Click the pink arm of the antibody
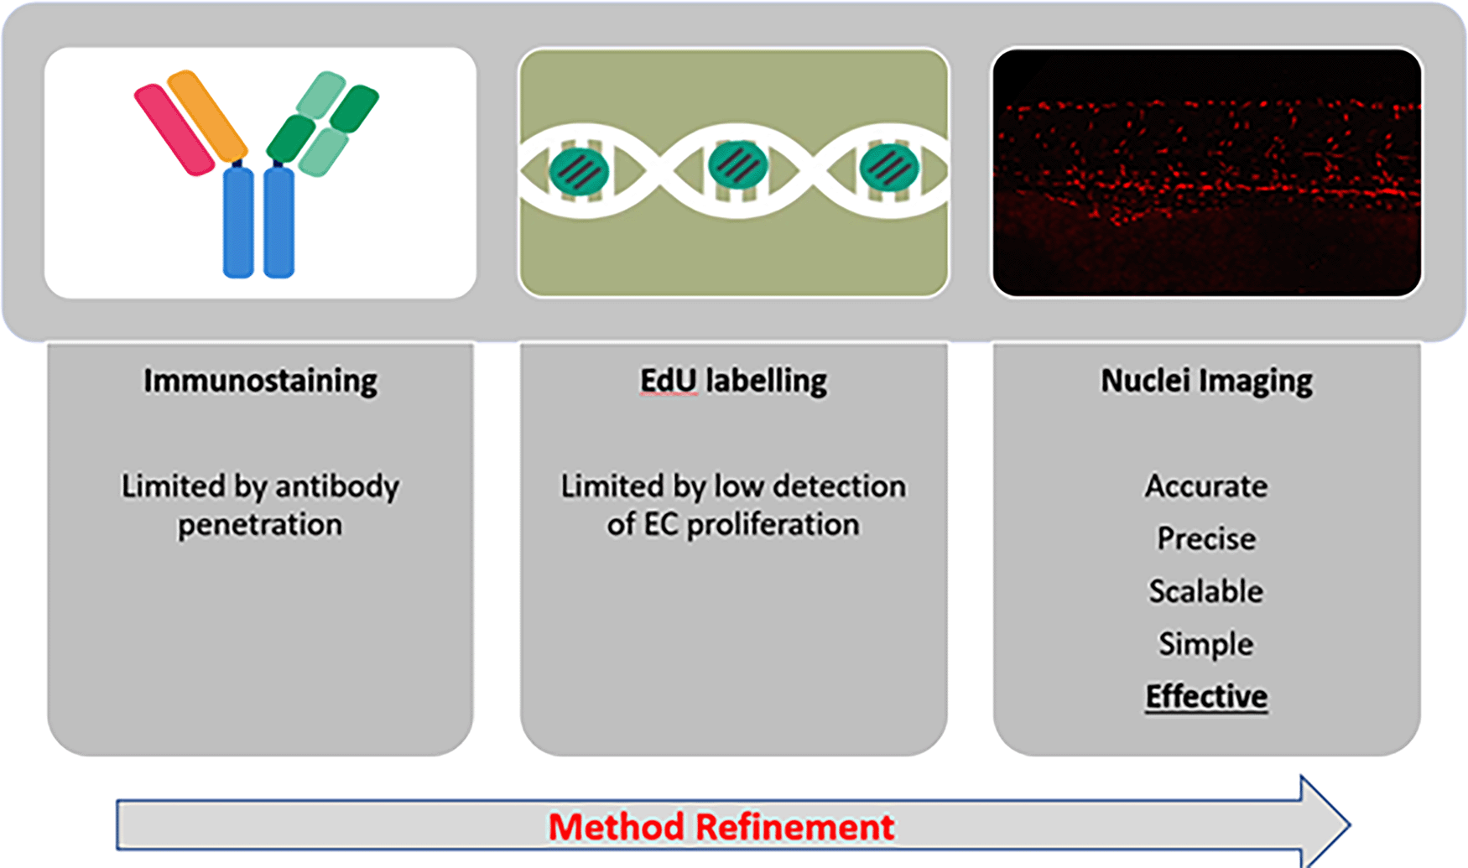pos(174,129)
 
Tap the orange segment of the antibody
pos(207,116)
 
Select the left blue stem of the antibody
pos(238,222)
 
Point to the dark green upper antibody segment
pos(354,108)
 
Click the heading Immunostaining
pos(260,381)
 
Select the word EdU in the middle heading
pos(669,381)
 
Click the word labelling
pos(766,381)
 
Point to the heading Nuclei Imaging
pos(1206,381)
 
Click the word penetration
pos(260,525)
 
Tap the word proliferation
pos(773,525)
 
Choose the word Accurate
pos(1206,486)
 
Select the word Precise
pos(1206,538)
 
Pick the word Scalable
pos(1206,591)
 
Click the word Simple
pos(1206,644)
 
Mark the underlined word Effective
pos(1206,696)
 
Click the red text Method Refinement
pos(721,827)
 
